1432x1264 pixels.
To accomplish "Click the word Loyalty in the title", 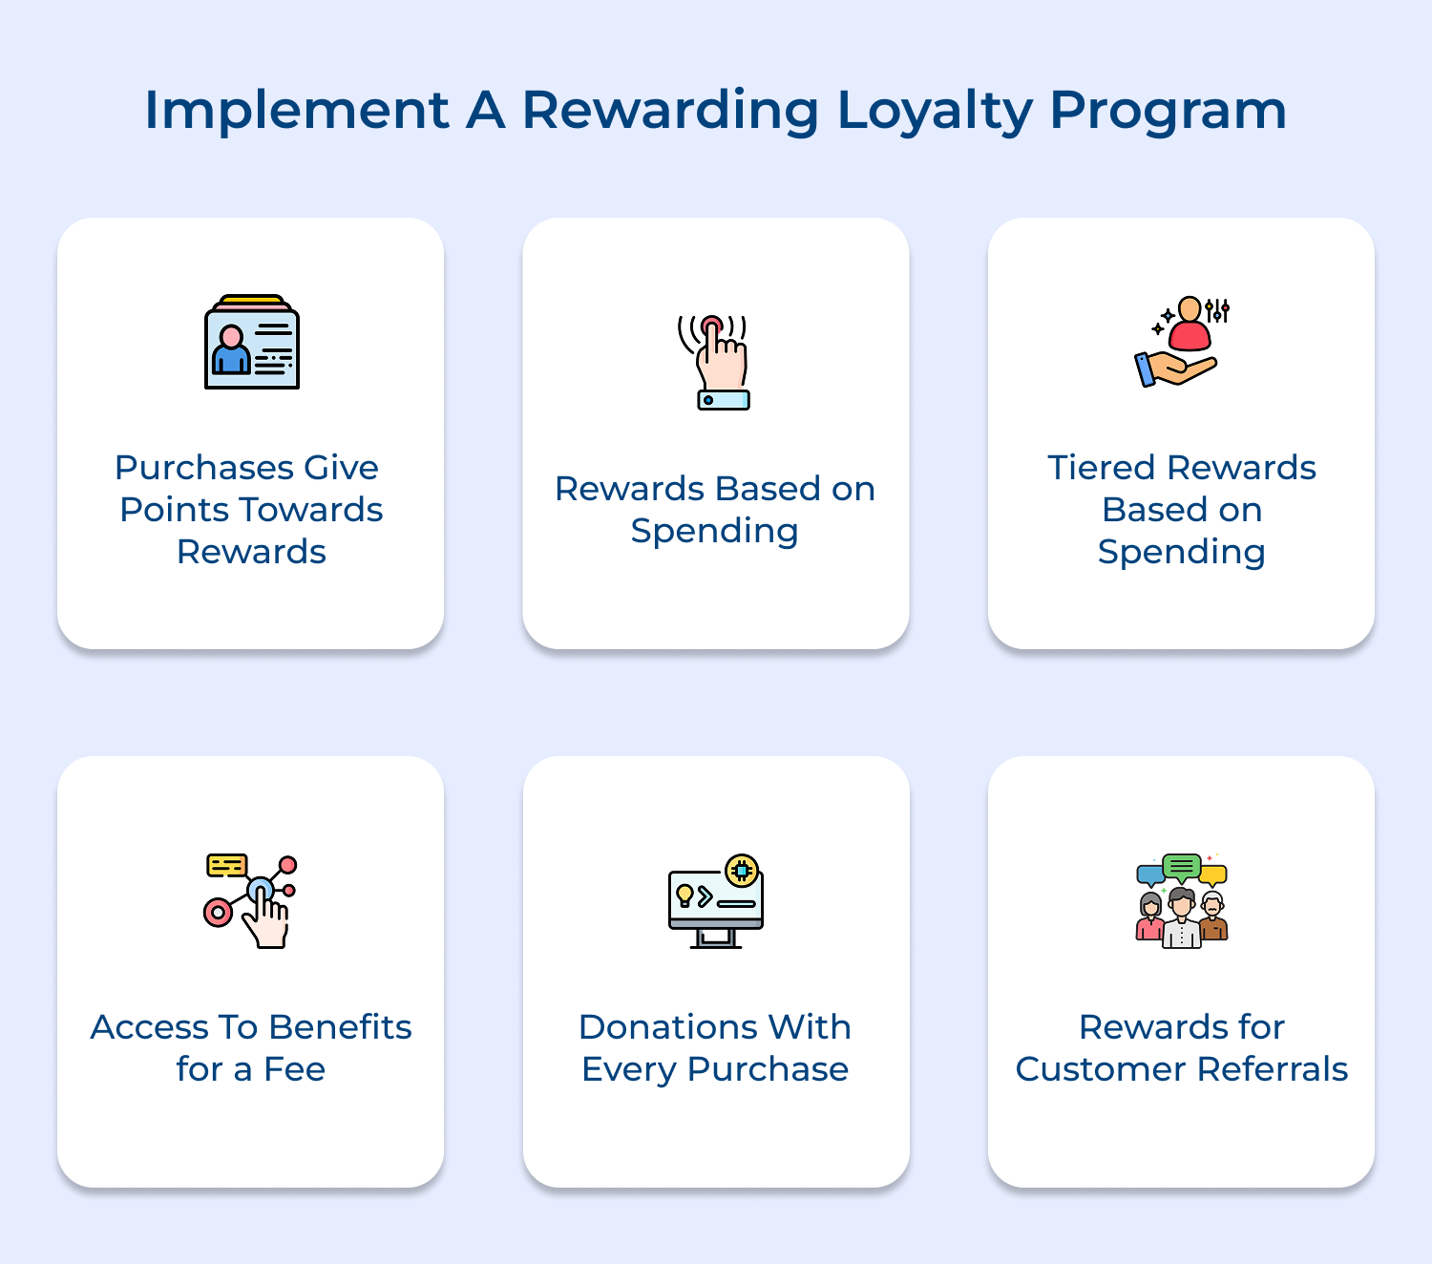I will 935,111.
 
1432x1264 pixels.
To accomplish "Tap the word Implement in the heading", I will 296,111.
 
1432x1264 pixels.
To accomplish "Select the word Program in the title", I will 1168,111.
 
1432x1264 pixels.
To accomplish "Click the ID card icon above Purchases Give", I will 252,343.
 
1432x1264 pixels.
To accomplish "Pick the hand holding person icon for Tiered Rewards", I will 1180,342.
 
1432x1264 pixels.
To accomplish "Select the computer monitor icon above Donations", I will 716,901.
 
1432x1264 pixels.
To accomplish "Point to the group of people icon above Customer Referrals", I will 1182,901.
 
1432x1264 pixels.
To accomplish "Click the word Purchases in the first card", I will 204,468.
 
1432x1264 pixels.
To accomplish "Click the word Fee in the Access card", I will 294,1069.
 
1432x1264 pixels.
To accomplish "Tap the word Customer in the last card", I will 1102,1069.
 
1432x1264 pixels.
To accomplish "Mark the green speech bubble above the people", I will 1182,867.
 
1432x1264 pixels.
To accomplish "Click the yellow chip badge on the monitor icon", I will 742,871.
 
